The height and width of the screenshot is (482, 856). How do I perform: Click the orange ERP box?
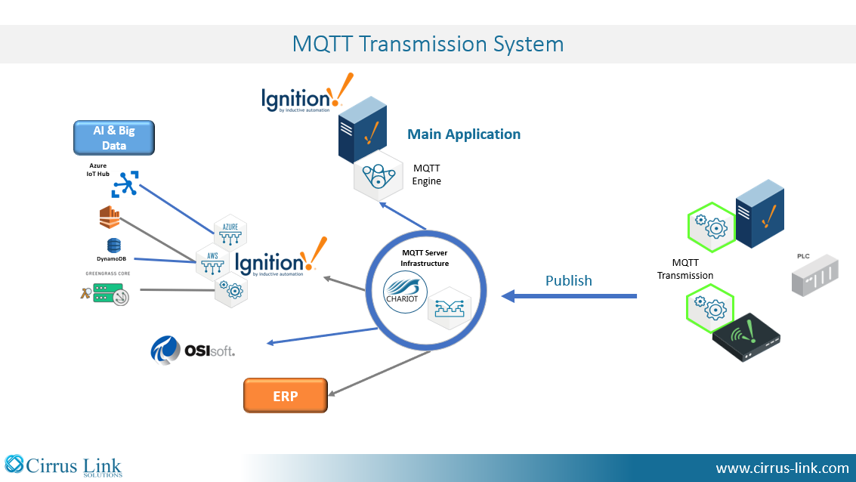[286, 396]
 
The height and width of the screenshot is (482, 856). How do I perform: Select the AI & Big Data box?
[114, 137]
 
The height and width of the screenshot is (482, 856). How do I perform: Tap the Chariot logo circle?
[405, 293]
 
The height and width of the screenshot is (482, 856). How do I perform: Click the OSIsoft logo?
[193, 350]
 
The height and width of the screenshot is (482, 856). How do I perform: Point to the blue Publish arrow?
[569, 296]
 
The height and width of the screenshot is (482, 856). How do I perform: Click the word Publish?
[569, 280]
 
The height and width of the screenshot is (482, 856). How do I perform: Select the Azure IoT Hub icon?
[125, 184]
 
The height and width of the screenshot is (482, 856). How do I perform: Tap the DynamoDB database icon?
[113, 246]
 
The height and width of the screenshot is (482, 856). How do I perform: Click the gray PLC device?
[815, 275]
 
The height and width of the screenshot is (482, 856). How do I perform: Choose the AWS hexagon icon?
[212, 262]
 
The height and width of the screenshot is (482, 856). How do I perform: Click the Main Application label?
[464, 134]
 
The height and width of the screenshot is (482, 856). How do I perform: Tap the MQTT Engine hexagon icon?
[379, 176]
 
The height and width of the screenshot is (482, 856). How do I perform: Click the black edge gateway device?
[746, 337]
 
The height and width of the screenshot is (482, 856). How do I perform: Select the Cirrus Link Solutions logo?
[63, 466]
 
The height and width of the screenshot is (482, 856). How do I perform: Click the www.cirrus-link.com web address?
[782, 468]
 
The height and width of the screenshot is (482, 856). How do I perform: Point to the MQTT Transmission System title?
[428, 45]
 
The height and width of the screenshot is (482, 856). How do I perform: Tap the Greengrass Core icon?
[105, 293]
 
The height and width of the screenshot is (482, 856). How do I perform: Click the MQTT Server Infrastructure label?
[425, 258]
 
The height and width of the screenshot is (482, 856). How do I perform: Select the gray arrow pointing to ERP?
[379, 373]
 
